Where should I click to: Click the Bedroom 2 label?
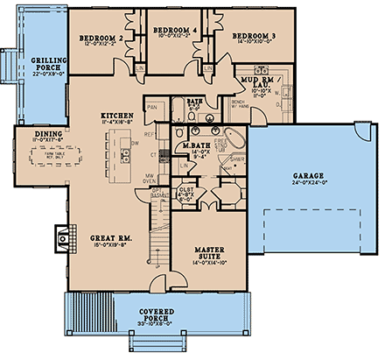click(x=98, y=39)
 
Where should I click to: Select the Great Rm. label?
click(x=108, y=236)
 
